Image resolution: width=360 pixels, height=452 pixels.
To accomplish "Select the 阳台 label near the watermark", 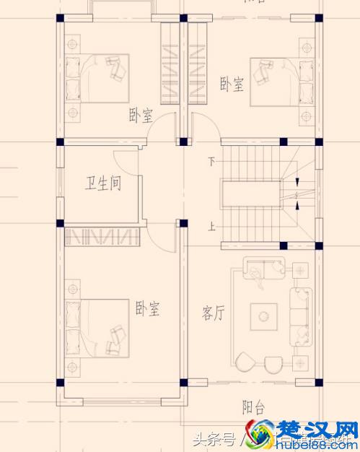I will [x=253, y=407].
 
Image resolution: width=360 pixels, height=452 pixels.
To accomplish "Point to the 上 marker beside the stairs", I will [x=211, y=227].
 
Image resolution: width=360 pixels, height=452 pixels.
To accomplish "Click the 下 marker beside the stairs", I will [x=211, y=162].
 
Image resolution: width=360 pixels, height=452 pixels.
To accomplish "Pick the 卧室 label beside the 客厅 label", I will [x=146, y=310].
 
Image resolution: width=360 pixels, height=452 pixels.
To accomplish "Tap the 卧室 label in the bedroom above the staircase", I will [x=232, y=84].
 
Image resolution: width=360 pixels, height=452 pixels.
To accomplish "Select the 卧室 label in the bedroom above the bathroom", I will [x=141, y=115].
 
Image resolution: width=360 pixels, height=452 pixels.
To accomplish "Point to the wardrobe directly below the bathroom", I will [x=102, y=236].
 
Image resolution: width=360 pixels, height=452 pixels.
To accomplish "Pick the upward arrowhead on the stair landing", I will [x=297, y=207].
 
